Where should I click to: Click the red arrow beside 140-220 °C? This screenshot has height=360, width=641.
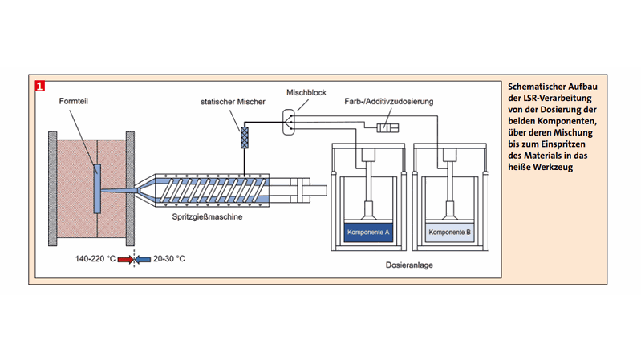point(125,258)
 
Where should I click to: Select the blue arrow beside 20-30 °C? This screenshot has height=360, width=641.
point(142,258)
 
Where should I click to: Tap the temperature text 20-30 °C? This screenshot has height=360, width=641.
point(169,258)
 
